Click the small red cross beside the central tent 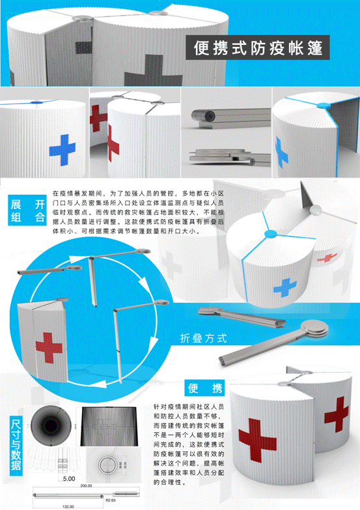coord(328,258)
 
